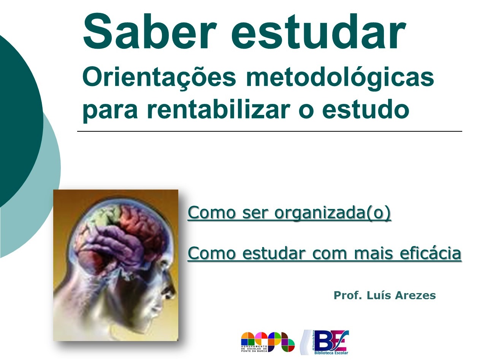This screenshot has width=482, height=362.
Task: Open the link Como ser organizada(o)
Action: point(289,213)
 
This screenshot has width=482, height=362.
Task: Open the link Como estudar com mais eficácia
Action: point(324,253)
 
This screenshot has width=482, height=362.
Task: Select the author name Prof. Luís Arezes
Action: point(384,295)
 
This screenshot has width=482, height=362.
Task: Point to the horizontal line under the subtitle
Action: point(270,131)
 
